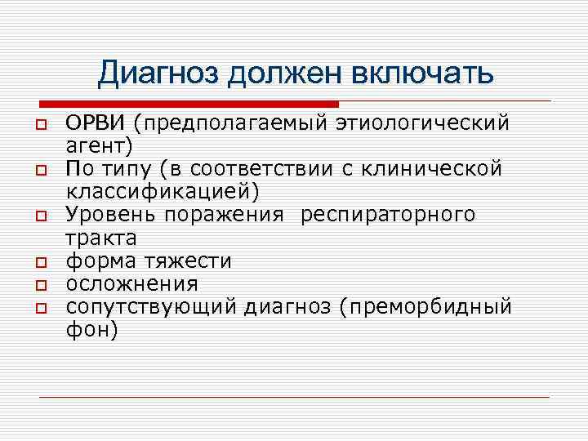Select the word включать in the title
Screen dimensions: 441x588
(422, 73)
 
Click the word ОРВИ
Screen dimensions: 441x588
(96, 122)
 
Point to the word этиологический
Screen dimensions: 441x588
(423, 122)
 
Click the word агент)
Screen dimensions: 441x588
(104, 145)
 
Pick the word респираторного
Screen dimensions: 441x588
(387, 215)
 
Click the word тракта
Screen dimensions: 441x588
(101, 238)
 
